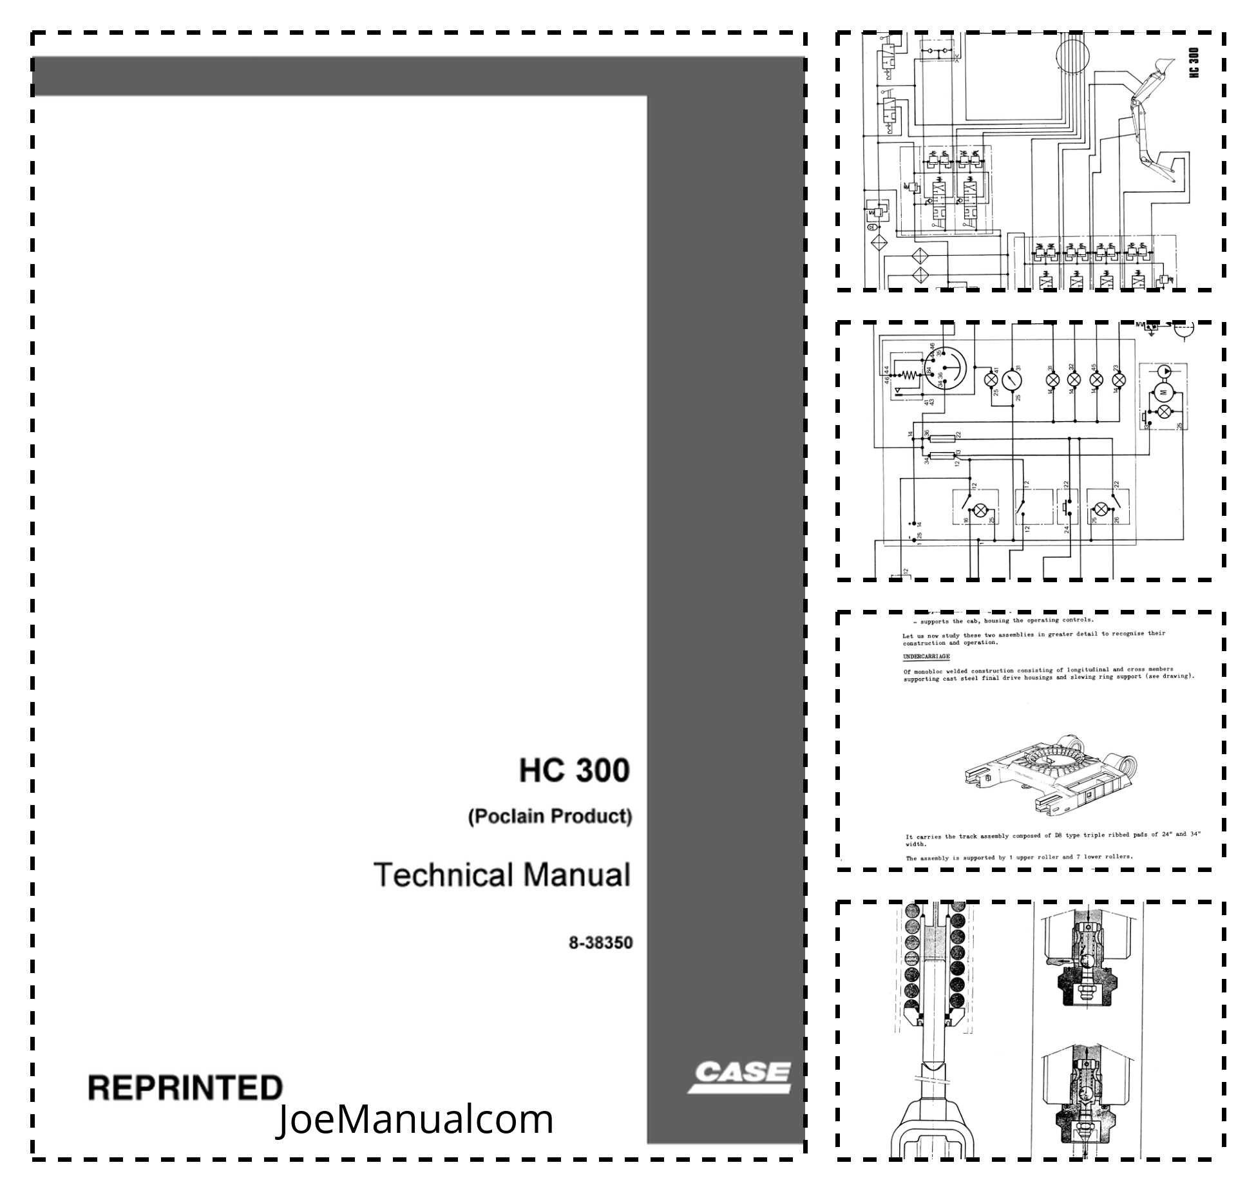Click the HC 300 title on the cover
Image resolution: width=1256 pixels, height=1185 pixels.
(x=574, y=771)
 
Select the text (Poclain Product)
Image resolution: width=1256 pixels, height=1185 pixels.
(x=550, y=817)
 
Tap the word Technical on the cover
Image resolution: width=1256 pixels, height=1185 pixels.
(x=444, y=875)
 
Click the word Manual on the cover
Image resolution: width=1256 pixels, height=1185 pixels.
(x=576, y=875)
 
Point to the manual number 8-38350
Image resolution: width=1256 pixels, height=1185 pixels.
(x=600, y=943)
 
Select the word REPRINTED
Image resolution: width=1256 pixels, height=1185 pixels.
(x=186, y=1088)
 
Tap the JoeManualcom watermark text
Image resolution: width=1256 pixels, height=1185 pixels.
(x=415, y=1119)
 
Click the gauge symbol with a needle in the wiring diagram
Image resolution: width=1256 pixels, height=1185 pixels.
(x=1013, y=379)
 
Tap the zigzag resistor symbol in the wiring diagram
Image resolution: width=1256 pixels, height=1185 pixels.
(x=906, y=375)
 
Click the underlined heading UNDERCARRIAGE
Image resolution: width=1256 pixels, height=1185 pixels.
(x=926, y=656)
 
